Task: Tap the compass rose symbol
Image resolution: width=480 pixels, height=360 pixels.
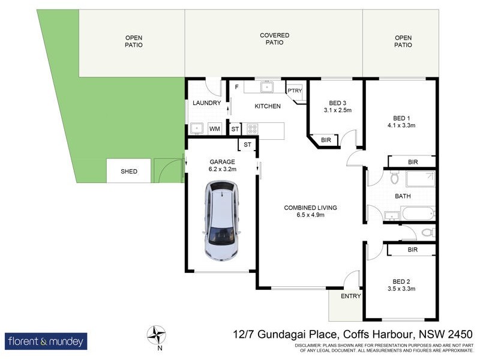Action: click(157, 334)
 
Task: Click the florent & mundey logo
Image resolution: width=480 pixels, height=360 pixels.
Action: click(46, 341)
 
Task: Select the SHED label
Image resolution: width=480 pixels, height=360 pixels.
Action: click(129, 172)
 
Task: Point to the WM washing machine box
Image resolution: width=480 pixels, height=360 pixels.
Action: click(214, 129)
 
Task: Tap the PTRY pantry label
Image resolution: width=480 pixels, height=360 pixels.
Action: click(294, 91)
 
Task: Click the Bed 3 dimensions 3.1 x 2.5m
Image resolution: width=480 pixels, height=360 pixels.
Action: click(337, 110)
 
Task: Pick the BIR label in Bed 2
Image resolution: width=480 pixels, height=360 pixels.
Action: click(412, 249)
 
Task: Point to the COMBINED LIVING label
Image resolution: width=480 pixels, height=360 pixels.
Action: click(310, 208)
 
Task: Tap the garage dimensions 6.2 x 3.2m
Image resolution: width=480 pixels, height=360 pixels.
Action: click(222, 170)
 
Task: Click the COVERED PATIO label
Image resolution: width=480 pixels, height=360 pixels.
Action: click(274, 39)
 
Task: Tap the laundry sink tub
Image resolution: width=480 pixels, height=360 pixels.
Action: click(196, 128)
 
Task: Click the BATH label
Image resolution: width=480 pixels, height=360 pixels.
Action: click(402, 196)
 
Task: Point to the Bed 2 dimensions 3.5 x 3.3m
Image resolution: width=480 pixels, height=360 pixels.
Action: click(402, 289)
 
